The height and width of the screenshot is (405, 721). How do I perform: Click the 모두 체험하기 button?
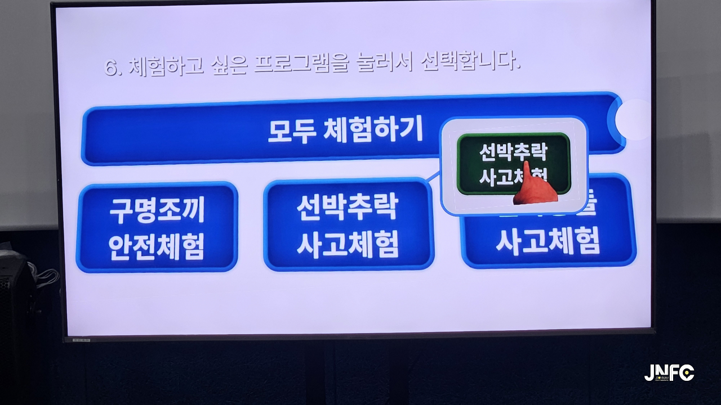pos(345,130)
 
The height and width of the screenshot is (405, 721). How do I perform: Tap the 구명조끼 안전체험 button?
pos(157,227)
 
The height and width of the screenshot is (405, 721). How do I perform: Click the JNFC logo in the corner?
pos(669,373)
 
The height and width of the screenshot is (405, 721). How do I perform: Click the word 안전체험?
pos(157,246)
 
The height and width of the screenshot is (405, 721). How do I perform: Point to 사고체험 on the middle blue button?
pos(348,244)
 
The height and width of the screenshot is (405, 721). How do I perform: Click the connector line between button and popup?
pos(433,177)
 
